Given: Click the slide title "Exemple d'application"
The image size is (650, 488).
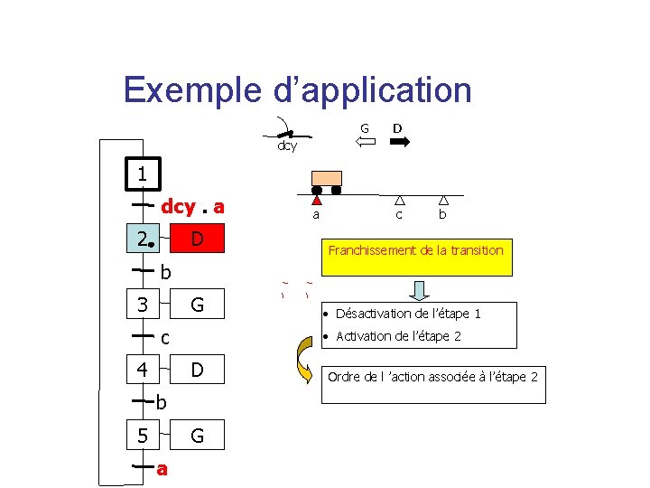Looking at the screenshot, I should [297, 90].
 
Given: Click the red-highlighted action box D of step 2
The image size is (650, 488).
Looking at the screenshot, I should [197, 239].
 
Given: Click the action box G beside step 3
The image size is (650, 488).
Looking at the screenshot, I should [197, 305].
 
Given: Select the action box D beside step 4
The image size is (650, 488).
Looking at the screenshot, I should [197, 370].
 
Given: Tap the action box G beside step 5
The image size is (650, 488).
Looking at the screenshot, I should [197, 436].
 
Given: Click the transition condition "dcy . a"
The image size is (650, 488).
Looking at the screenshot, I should [192, 207].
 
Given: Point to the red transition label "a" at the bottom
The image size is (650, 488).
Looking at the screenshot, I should [162, 469].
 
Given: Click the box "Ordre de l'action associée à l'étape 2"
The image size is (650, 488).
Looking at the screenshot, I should [432, 376].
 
